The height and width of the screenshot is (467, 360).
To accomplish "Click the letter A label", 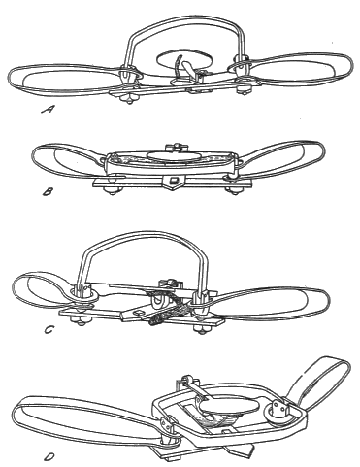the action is [x=48, y=110].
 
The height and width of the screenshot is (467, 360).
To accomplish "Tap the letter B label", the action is [x=48, y=192].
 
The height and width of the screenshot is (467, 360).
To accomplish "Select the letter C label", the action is [x=49, y=330].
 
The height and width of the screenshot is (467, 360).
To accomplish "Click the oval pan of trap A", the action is [x=184, y=59].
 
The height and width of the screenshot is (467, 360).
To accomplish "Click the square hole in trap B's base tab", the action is [x=174, y=180].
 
